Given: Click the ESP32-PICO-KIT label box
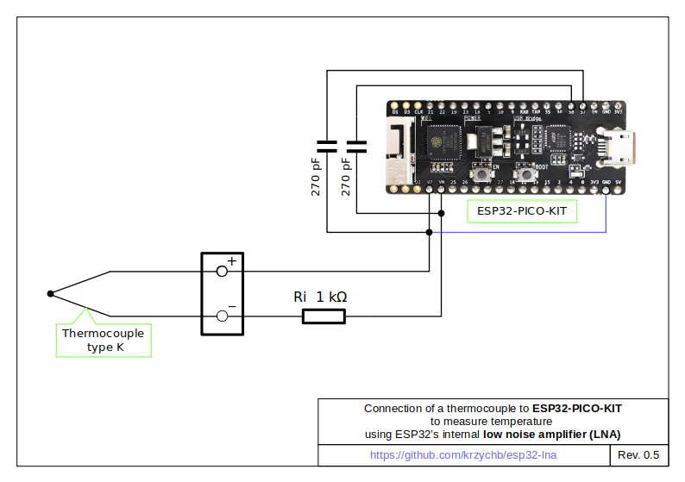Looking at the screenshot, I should point(522,211).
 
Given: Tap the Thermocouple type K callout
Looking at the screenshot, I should point(104,340).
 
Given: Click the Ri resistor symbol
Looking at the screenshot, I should point(324,316).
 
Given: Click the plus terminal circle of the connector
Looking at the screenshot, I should point(222,271).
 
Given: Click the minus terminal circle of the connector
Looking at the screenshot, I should point(222,316).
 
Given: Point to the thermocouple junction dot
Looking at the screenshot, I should point(50,294).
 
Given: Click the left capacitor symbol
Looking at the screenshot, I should point(327,144).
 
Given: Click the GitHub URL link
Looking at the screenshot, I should point(463,454).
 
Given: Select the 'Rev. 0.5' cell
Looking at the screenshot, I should point(638,454).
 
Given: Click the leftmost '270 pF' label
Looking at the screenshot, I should point(317,177).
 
